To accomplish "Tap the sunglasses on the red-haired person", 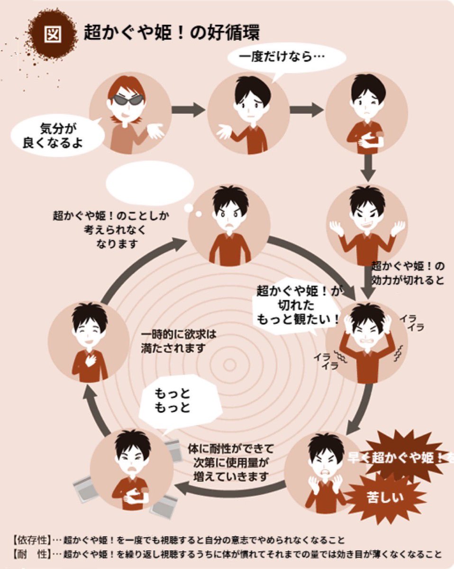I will click(127, 100).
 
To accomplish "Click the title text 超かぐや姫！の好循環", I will click(172, 33).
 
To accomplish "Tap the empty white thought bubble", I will click(150, 184).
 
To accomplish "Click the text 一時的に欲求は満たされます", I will click(179, 341).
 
